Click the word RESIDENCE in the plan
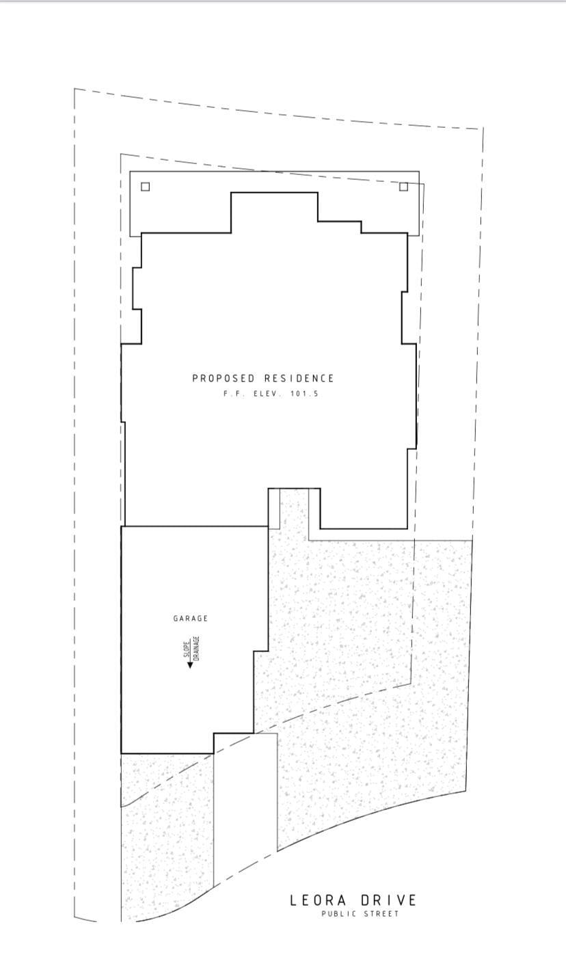(299, 378)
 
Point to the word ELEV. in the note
(267, 394)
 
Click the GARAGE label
(191, 619)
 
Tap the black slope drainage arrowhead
(190, 664)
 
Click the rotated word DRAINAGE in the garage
(196, 648)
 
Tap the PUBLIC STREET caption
(360, 914)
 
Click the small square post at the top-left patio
(145, 187)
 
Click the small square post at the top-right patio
(403, 187)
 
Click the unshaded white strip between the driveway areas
(245, 800)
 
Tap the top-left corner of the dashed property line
(75, 89)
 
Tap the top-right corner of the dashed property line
(483, 129)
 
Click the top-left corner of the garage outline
(122, 526)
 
